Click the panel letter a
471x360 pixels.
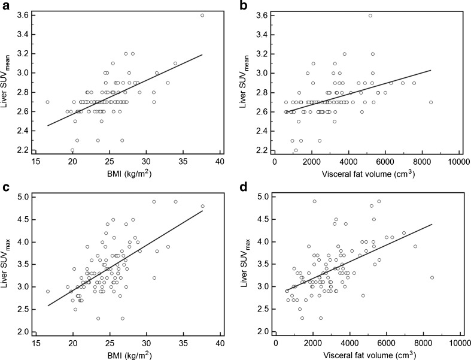click(x=4, y=6)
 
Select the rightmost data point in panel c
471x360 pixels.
click(x=202, y=206)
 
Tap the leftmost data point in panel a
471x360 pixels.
click(x=48, y=102)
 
